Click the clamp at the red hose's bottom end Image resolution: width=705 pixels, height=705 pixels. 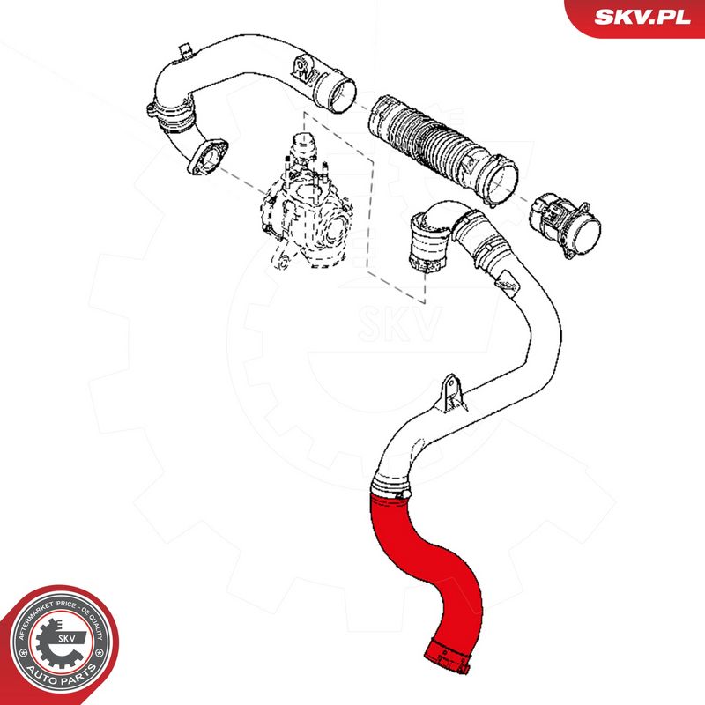[x=449, y=656]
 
